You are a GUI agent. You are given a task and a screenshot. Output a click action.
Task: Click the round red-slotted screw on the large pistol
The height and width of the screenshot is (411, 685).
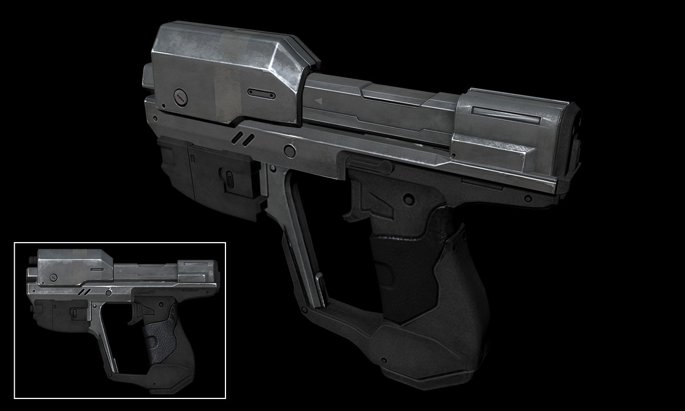click(180, 96)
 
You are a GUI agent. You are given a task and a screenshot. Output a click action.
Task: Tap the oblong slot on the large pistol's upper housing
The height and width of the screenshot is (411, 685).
click(261, 94)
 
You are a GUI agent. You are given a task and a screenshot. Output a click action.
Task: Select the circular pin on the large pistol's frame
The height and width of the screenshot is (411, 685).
click(290, 151)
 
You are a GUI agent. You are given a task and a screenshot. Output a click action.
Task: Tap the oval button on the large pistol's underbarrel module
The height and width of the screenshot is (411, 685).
click(229, 178)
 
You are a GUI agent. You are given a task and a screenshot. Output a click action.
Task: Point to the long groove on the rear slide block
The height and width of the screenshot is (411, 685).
click(507, 115)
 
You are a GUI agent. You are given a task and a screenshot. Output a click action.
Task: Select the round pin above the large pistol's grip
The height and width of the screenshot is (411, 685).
click(408, 199)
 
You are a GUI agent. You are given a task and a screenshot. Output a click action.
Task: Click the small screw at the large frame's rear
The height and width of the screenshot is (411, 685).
click(527, 199)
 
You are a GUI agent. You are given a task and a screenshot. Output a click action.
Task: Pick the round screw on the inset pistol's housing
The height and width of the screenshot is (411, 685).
click(54, 277)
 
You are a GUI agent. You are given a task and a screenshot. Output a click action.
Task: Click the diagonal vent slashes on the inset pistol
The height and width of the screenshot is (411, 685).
click(83, 292)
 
